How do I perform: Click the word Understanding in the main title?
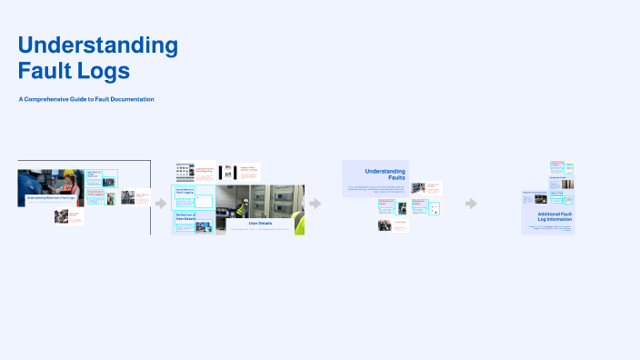pyautogui.click(x=98, y=45)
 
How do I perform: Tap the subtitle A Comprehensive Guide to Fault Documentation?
pyautogui.click(x=86, y=98)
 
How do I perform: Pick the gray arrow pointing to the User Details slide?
pyautogui.click(x=161, y=204)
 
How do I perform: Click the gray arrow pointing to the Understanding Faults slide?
pyautogui.click(x=315, y=204)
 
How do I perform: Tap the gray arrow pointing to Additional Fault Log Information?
pyautogui.click(x=471, y=204)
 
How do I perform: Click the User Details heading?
pyautogui.click(x=259, y=223)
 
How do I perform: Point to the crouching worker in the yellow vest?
pyautogui.click(x=241, y=209)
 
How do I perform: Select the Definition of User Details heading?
pyautogui.click(x=185, y=215)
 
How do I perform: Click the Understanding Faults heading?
pyautogui.click(x=385, y=174)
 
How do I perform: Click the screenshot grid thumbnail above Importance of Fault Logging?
pyautogui.click(x=185, y=170)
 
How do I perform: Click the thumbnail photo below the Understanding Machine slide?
pyautogui.click(x=62, y=216)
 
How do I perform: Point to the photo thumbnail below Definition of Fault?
pyautogui.click(x=386, y=225)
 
